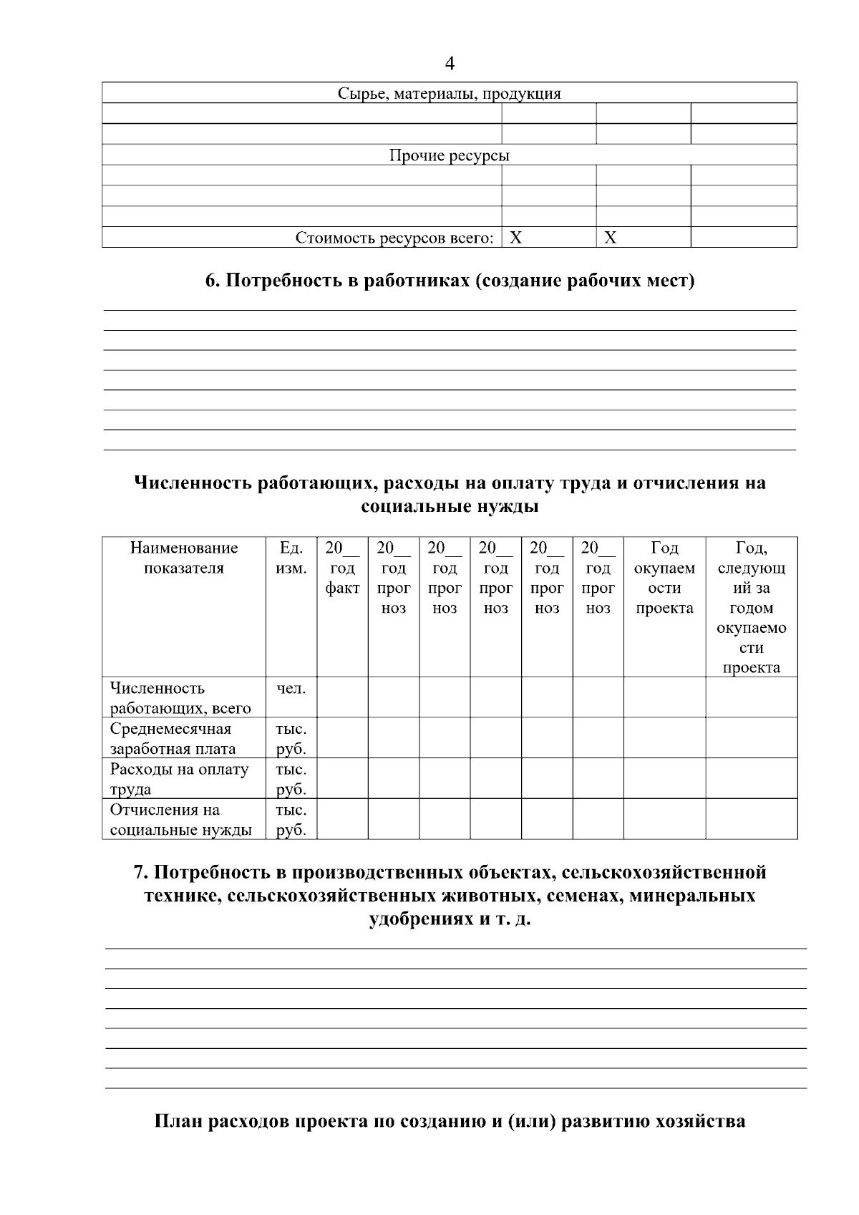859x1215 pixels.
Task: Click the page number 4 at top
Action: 449,64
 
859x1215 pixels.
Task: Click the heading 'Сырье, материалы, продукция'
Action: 449,94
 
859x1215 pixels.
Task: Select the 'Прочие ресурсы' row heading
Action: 449,156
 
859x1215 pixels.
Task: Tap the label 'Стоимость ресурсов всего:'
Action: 394,238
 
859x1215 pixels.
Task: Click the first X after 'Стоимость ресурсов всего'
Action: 515,238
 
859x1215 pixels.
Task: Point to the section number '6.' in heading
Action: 213,281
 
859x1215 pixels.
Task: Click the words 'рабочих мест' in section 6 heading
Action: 631,281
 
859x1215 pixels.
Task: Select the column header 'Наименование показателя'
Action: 184,558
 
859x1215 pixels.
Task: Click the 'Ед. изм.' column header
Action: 291,558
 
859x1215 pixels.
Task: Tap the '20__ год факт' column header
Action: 342,568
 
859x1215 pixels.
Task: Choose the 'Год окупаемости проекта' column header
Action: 664,579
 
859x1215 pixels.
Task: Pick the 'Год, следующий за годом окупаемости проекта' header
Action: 751,608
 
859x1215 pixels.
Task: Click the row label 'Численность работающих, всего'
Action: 180,698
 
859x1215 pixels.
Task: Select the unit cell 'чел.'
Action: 291,689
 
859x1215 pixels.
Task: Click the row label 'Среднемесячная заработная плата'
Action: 173,739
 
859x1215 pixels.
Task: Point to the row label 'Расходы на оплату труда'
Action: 179,779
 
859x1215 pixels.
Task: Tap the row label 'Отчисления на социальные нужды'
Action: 180,820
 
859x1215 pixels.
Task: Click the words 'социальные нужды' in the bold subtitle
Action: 450,508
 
